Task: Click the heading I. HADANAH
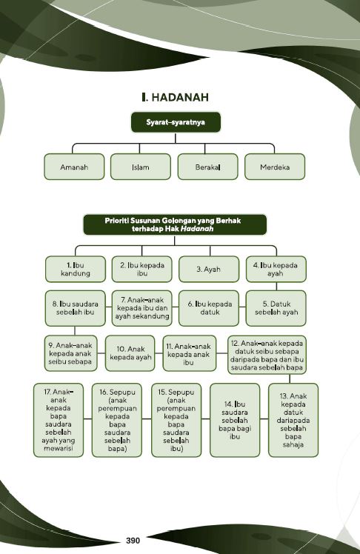[x=175, y=97]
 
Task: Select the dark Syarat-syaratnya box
[x=176, y=122]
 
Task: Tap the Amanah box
[x=74, y=167]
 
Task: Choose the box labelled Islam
[x=141, y=167]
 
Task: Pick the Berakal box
[x=207, y=167]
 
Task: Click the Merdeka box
[x=275, y=167]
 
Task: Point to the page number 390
[x=133, y=541]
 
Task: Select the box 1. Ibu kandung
[x=76, y=270]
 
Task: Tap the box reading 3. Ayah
[x=209, y=270]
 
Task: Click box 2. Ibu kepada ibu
[x=142, y=270]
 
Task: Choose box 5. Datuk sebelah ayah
[x=276, y=308]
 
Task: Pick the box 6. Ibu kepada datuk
[x=209, y=308]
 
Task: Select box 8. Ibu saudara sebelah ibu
[x=76, y=308]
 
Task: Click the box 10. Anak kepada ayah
[x=130, y=353]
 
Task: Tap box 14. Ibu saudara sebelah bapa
[x=235, y=420]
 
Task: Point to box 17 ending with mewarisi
[x=59, y=420]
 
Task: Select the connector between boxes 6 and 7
[x=176, y=307]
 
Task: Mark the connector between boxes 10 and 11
[x=159, y=353]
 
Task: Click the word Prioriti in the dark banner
[x=116, y=221]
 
